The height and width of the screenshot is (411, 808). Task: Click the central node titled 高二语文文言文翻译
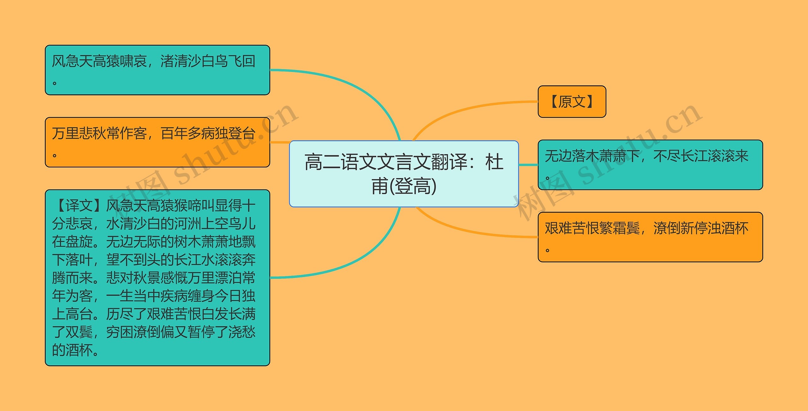point(404,174)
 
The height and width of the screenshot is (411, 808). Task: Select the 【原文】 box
point(572,101)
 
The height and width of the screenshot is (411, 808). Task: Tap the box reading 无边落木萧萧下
point(650,165)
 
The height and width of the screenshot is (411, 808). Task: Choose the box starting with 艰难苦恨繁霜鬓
point(650,237)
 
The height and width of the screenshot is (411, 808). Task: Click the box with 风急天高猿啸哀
point(157,70)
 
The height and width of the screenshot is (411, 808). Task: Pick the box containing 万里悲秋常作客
point(157,142)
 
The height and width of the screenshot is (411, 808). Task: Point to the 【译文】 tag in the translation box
point(79,206)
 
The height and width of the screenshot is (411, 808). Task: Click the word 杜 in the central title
point(494,162)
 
